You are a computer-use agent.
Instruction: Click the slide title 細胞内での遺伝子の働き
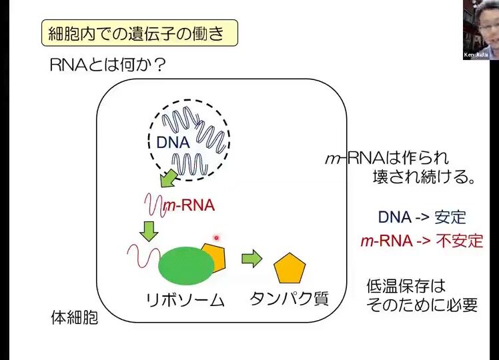tap(139, 32)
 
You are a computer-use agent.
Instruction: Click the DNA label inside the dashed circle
tap(173, 142)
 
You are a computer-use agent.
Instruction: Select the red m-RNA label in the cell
tap(189, 205)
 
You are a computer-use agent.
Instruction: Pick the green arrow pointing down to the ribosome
tap(148, 230)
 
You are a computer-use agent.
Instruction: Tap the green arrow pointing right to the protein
tap(251, 258)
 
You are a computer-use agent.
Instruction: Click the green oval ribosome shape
tap(186, 265)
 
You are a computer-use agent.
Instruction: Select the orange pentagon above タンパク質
tap(290, 268)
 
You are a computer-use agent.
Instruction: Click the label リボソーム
tap(185, 300)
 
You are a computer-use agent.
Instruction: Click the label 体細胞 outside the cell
tap(75, 317)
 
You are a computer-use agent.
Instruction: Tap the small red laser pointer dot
tap(216, 237)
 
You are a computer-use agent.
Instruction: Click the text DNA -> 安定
tap(422, 217)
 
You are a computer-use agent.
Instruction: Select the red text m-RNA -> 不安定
tap(421, 241)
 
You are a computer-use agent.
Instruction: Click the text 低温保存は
tap(406, 287)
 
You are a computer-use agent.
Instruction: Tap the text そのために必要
tap(422, 305)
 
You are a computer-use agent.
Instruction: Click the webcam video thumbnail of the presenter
tap(480, 30)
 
